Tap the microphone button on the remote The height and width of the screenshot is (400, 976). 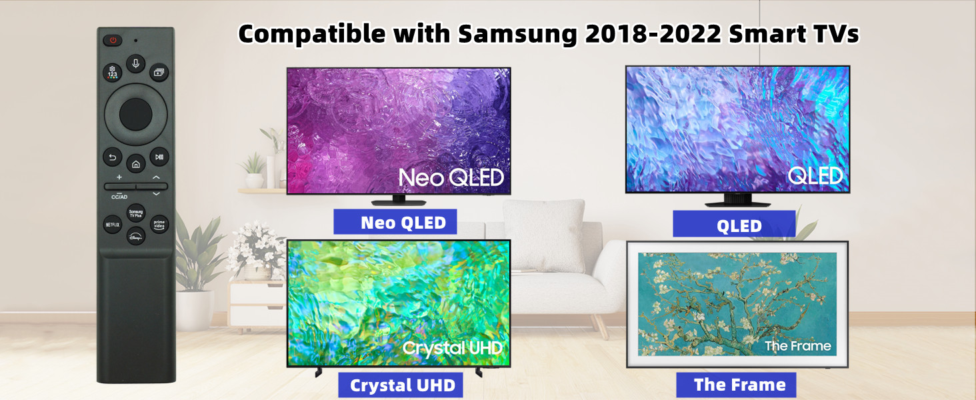tap(135, 63)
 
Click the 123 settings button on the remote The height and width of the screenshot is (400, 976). tap(113, 72)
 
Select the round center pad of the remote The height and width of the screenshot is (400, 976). tap(135, 114)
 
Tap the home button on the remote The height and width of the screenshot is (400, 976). tap(135, 164)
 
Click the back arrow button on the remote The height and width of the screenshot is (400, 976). tap(113, 157)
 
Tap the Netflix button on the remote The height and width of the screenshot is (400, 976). tap(113, 225)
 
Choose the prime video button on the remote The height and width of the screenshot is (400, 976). tap(159, 225)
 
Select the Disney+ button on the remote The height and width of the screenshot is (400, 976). tap(135, 237)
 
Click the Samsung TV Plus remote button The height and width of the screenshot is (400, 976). tap(135, 213)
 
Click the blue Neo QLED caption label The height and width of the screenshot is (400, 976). tap(395, 222)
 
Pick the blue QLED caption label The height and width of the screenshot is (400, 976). tap(734, 224)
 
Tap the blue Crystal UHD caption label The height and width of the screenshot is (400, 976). tap(401, 385)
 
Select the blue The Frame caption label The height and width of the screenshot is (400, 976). tap(736, 385)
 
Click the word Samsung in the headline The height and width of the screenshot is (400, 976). tap(517, 34)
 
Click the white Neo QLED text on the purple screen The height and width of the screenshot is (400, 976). tap(451, 177)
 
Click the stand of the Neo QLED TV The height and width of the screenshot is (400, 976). tap(398, 201)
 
